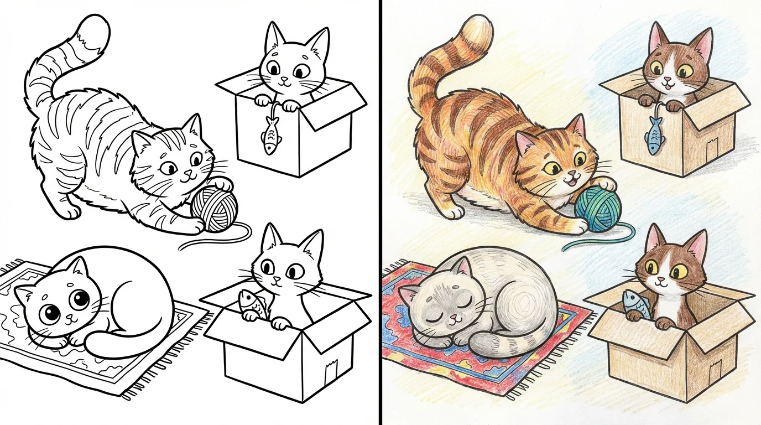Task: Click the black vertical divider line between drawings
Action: coord(380,212)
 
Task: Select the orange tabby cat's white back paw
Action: coord(455,211)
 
